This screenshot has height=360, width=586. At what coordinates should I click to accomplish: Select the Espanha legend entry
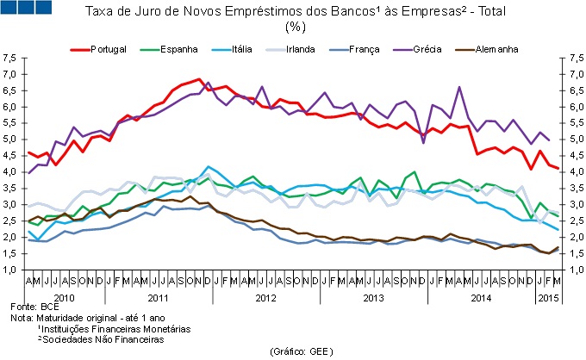[x=178, y=48]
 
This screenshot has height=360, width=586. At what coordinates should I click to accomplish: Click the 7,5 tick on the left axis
[x=10, y=59]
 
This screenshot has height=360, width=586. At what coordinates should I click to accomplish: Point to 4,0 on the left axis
[x=10, y=172]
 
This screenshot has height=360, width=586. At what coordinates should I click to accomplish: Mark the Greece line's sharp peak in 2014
[x=459, y=87]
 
